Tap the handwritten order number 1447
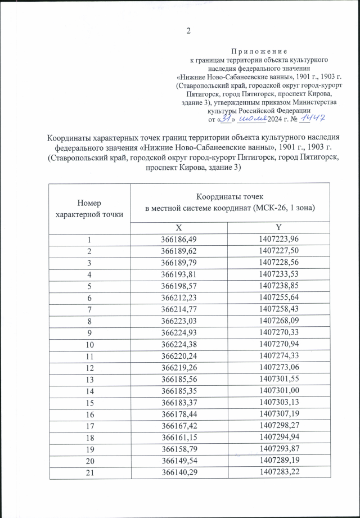coord(314,118)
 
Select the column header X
coord(179,227)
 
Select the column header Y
coord(277,227)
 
